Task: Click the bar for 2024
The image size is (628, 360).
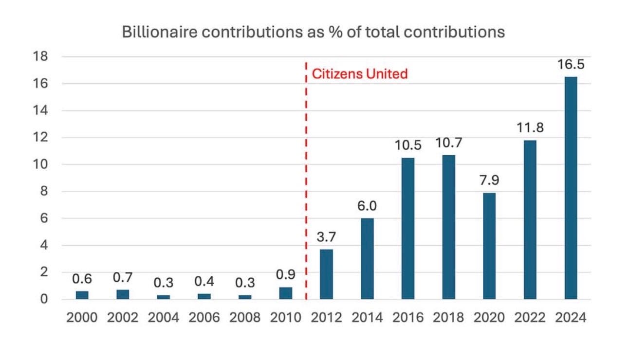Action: click(571, 188)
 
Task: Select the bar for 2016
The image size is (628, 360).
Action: click(408, 228)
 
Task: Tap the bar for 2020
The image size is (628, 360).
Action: click(489, 246)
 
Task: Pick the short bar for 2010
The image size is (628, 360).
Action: click(286, 293)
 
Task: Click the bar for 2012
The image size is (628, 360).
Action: click(326, 274)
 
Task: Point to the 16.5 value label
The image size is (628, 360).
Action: click(571, 64)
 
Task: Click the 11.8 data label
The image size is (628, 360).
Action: click(530, 128)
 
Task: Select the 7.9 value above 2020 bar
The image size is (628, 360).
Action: click(489, 180)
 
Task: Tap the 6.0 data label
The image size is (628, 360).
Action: click(367, 206)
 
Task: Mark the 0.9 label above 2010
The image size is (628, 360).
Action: click(286, 274)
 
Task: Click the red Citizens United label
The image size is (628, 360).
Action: click(360, 74)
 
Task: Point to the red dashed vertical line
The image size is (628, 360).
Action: click(306, 180)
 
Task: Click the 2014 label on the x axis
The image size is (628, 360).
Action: click(367, 318)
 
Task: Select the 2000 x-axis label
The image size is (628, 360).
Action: click(82, 318)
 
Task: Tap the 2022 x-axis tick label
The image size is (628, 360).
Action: click(530, 318)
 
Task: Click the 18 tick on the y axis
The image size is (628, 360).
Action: click(40, 56)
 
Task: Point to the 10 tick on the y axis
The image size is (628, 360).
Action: click(40, 164)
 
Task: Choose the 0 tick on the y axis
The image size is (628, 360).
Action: click(44, 299)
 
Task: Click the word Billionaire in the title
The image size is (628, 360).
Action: click(160, 32)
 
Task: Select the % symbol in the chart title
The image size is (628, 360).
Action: click(335, 32)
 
